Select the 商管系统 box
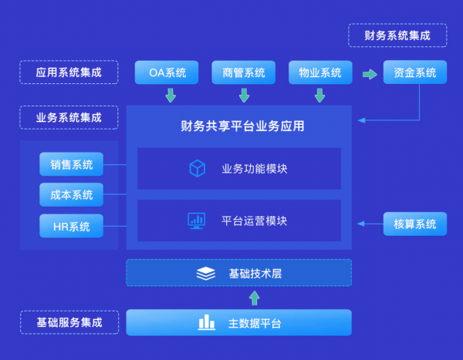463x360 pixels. [243, 73]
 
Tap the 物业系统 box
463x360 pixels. [320, 73]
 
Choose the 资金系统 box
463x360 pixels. [415, 73]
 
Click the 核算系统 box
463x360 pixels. [415, 224]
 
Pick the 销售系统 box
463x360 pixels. [72, 164]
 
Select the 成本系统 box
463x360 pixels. [72, 195]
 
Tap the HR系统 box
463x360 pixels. [72, 227]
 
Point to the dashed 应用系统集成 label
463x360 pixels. [69, 72]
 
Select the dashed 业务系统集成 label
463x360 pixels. [69, 118]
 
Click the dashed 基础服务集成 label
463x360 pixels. [69, 322]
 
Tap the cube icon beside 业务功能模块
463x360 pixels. [197, 168]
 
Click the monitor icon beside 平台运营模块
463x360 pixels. [196, 220]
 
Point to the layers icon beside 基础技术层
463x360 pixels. [205, 274]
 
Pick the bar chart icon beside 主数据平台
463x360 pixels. [206, 322]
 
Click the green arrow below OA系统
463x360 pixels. [170, 96]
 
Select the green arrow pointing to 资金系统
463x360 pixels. [370, 74]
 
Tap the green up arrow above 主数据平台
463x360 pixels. [255, 298]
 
